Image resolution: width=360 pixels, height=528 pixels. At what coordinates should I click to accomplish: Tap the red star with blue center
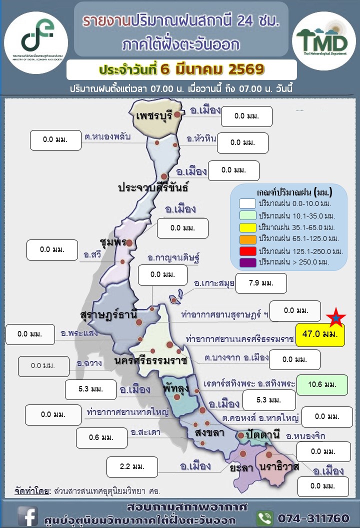coord(336,317)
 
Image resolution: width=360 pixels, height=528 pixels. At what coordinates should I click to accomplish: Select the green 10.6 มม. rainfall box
coord(321,384)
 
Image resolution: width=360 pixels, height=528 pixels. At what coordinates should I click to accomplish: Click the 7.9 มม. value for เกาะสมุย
coord(261,283)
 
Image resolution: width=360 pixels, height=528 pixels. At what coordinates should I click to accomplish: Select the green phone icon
coord(264,517)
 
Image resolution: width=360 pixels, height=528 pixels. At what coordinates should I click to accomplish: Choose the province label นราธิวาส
coord(279,467)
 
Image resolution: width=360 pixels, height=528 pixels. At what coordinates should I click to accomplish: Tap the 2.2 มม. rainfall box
coord(132,466)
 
